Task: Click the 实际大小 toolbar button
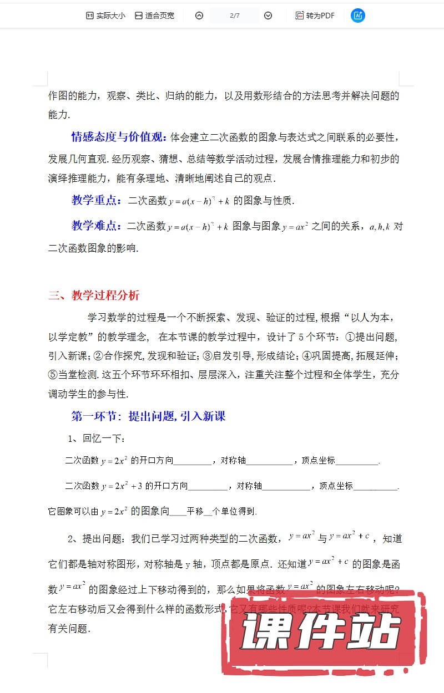tap(105, 16)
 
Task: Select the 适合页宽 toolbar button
tap(154, 16)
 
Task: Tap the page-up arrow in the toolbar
tap(199, 16)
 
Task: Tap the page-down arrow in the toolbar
tap(268, 16)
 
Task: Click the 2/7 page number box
tap(234, 16)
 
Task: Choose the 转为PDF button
tap(315, 16)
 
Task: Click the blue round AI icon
tap(358, 16)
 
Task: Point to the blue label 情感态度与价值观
tap(119, 137)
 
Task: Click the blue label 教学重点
tap(95, 200)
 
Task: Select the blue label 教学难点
tap(95, 226)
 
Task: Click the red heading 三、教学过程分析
tap(94, 295)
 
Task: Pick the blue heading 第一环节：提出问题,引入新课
tap(148, 416)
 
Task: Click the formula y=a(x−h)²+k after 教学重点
tap(199, 201)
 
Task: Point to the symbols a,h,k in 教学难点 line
tap(380, 226)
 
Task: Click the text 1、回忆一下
tap(97, 439)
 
